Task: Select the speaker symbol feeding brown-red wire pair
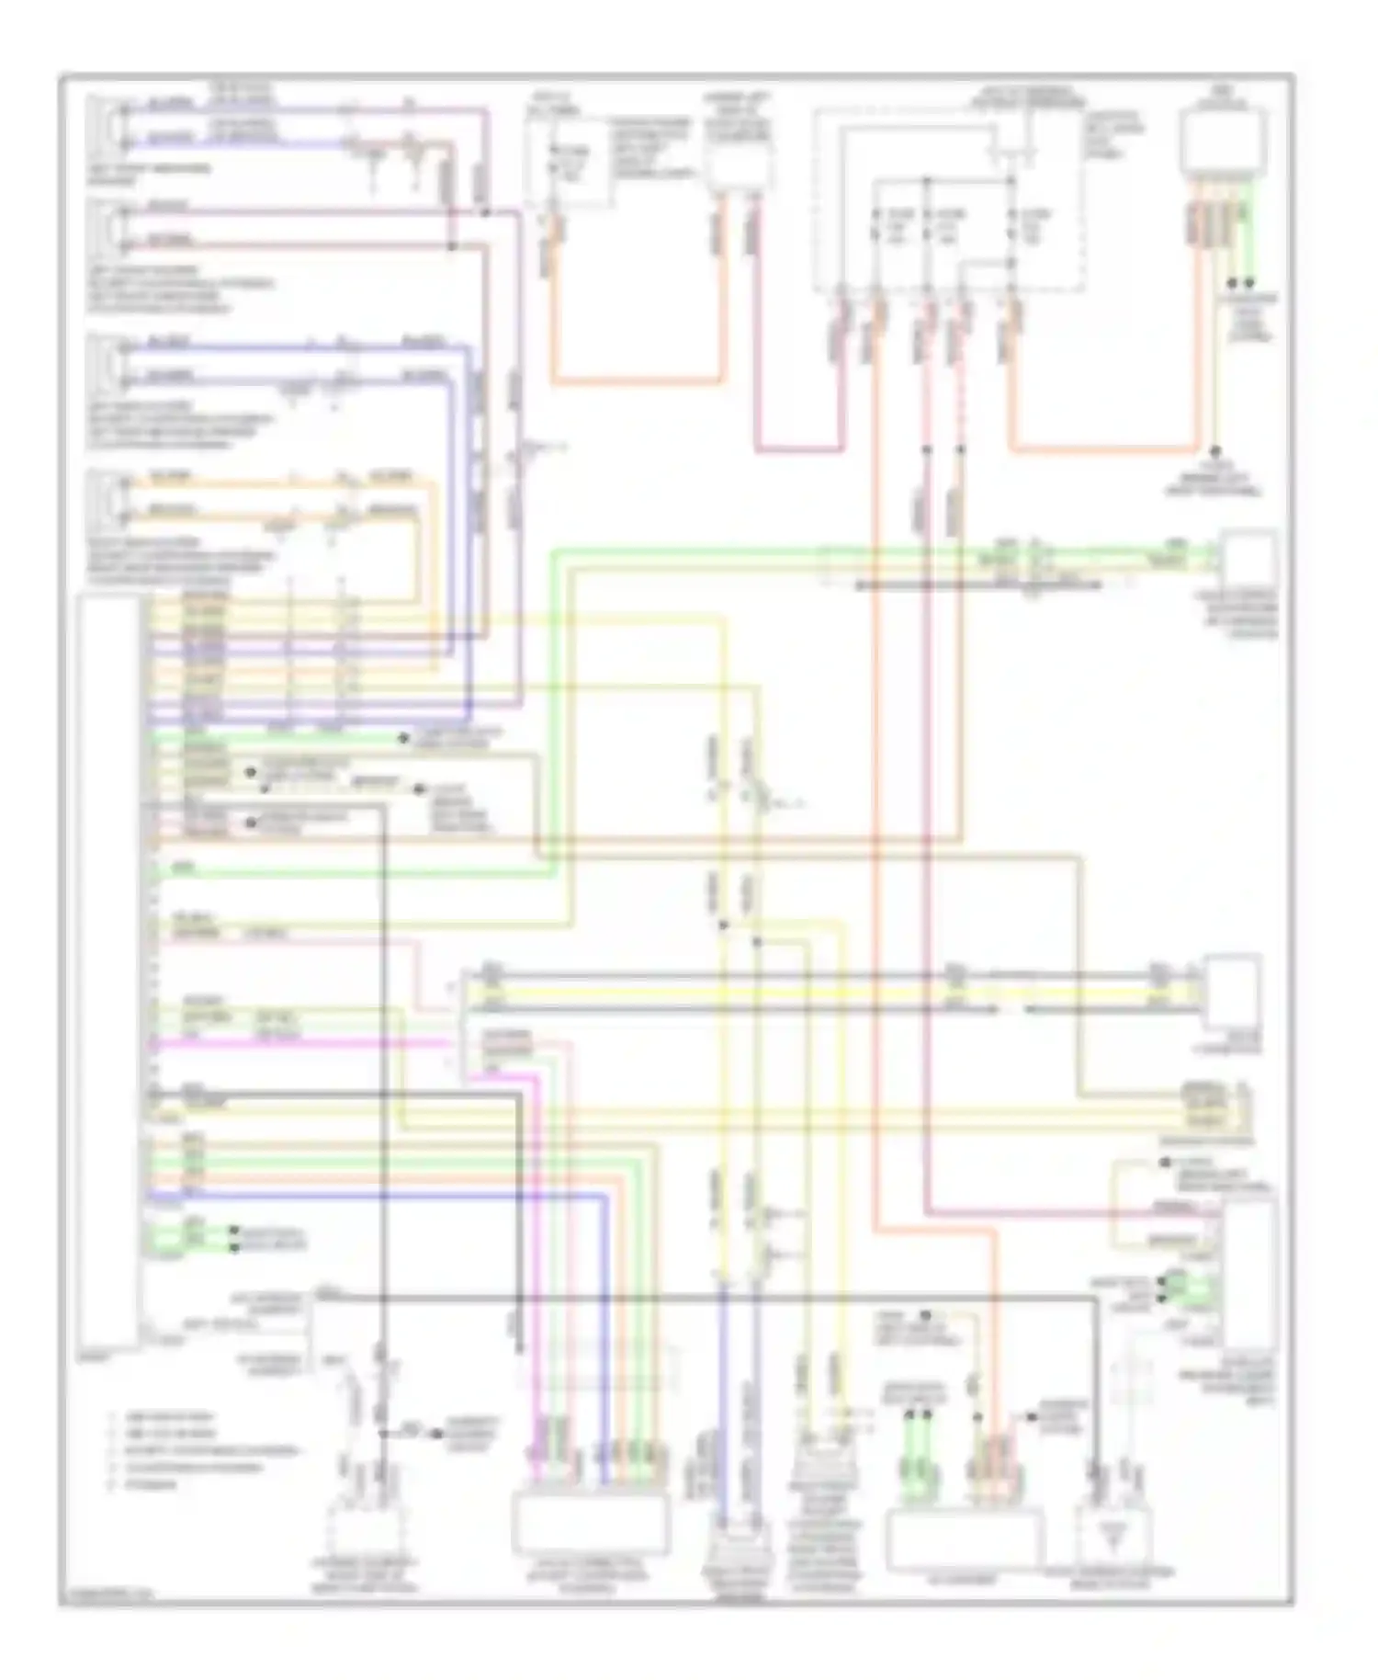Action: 111,224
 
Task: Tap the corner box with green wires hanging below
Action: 1224,143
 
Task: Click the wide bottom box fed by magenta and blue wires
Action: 592,1522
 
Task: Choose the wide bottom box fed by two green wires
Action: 965,1540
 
